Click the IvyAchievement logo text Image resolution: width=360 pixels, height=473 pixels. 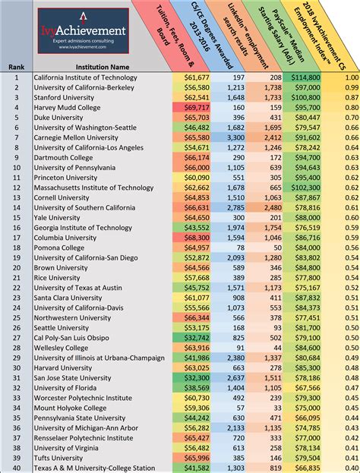[x=84, y=30]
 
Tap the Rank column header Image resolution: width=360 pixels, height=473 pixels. [x=15, y=66]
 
